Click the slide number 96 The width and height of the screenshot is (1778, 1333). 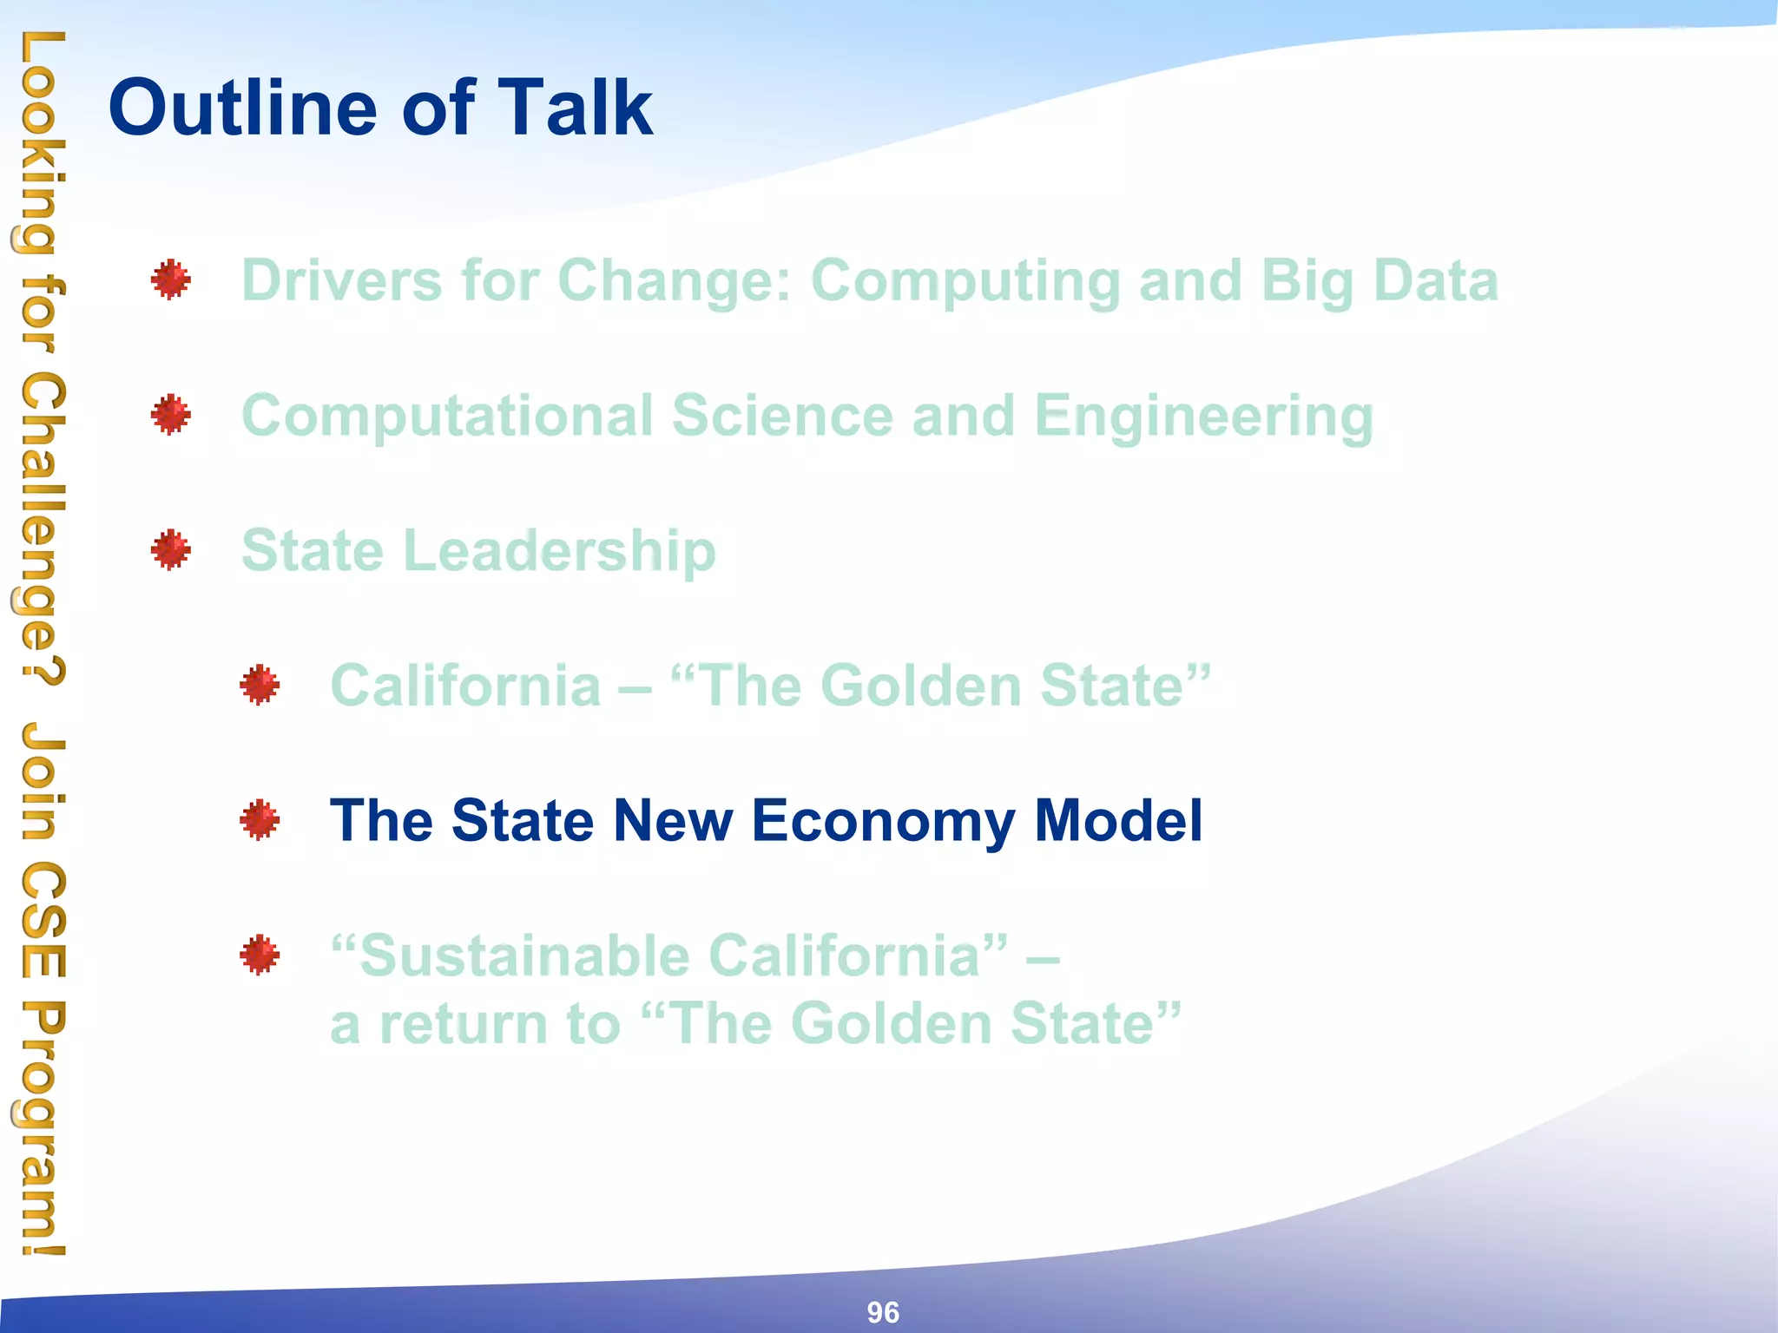883,1312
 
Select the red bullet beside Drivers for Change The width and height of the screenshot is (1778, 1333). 170,279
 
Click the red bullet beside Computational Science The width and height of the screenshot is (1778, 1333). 170,415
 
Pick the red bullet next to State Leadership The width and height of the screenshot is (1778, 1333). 170,550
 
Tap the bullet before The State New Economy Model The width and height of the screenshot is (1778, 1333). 260,820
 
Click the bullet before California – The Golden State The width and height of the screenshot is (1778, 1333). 260,686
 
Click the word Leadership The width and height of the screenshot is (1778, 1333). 560,552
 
